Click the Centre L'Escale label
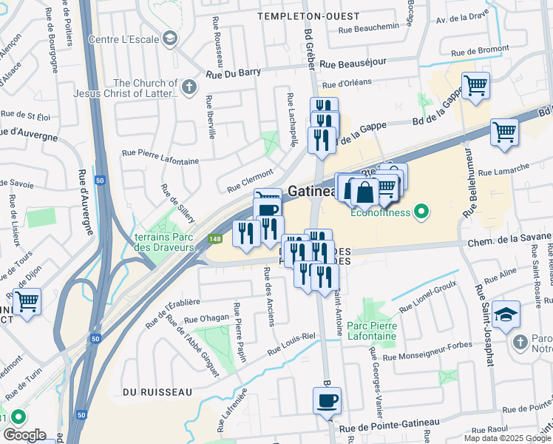point(123,38)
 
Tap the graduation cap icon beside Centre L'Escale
point(169,38)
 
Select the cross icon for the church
point(189,88)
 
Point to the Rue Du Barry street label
point(233,74)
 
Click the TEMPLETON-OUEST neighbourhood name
point(308,16)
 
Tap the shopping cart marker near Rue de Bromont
point(475,85)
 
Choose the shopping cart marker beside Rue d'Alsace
point(27,302)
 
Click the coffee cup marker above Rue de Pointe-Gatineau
point(326,402)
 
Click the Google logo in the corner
point(24,434)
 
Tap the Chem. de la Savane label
point(509,240)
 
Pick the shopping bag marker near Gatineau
point(364,193)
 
